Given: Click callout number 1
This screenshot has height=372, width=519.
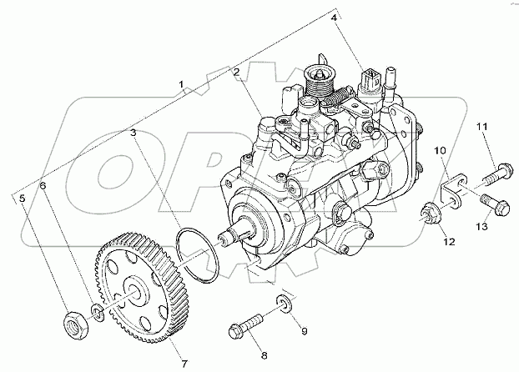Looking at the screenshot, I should coord(183,86).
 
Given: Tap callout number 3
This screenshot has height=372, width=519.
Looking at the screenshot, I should coord(133,132).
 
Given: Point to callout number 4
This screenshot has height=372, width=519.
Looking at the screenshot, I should coord(334,18).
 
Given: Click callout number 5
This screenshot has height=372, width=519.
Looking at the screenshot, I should coord(23,198).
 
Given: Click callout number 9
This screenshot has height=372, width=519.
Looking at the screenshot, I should coord(305,331).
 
